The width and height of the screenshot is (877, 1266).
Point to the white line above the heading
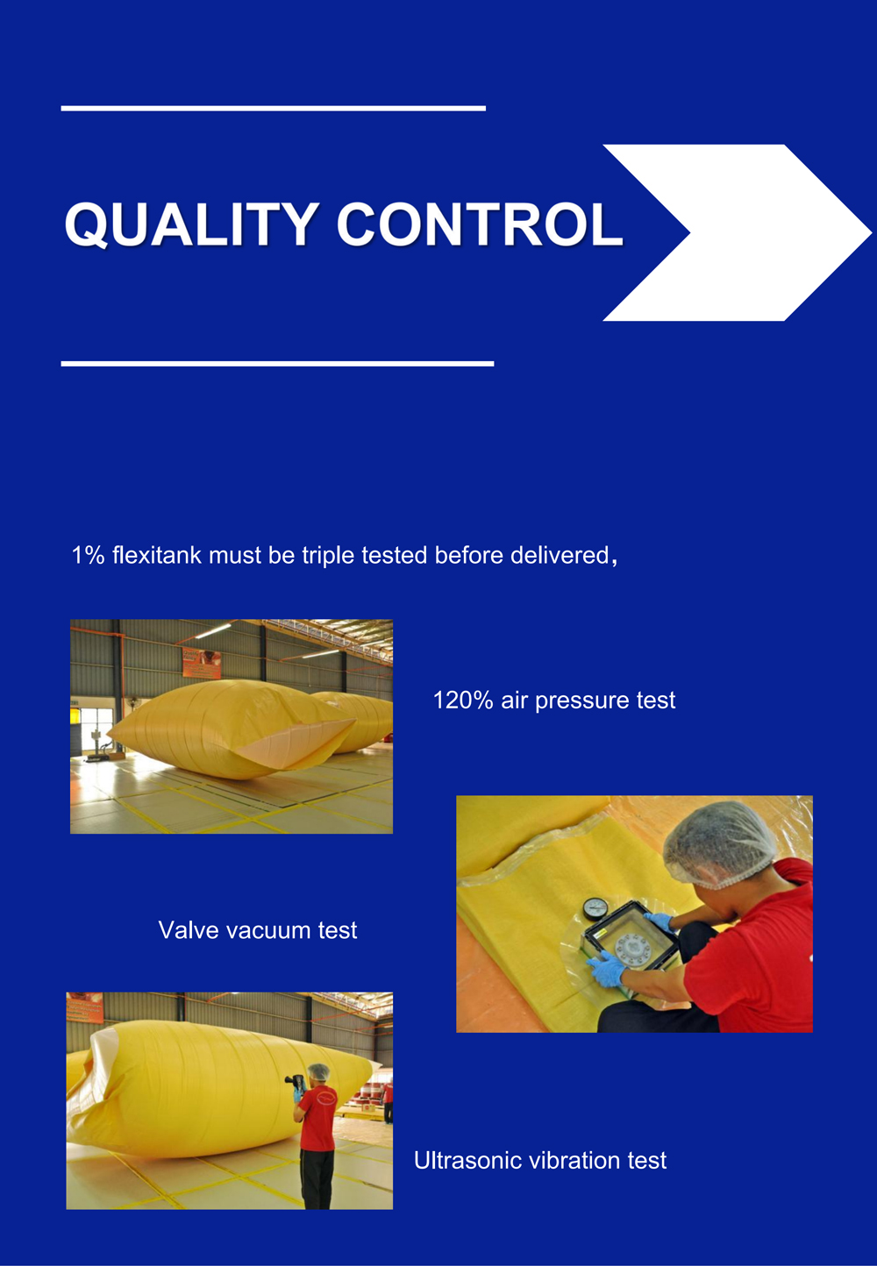[x=273, y=108]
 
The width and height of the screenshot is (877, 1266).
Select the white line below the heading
[x=277, y=363]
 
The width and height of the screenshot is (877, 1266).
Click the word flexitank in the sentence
[x=157, y=556]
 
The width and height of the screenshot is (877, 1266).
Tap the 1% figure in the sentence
[x=88, y=556]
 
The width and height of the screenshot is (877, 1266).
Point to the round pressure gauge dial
[x=595, y=908]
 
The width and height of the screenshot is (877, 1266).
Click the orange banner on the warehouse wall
[x=201, y=663]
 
